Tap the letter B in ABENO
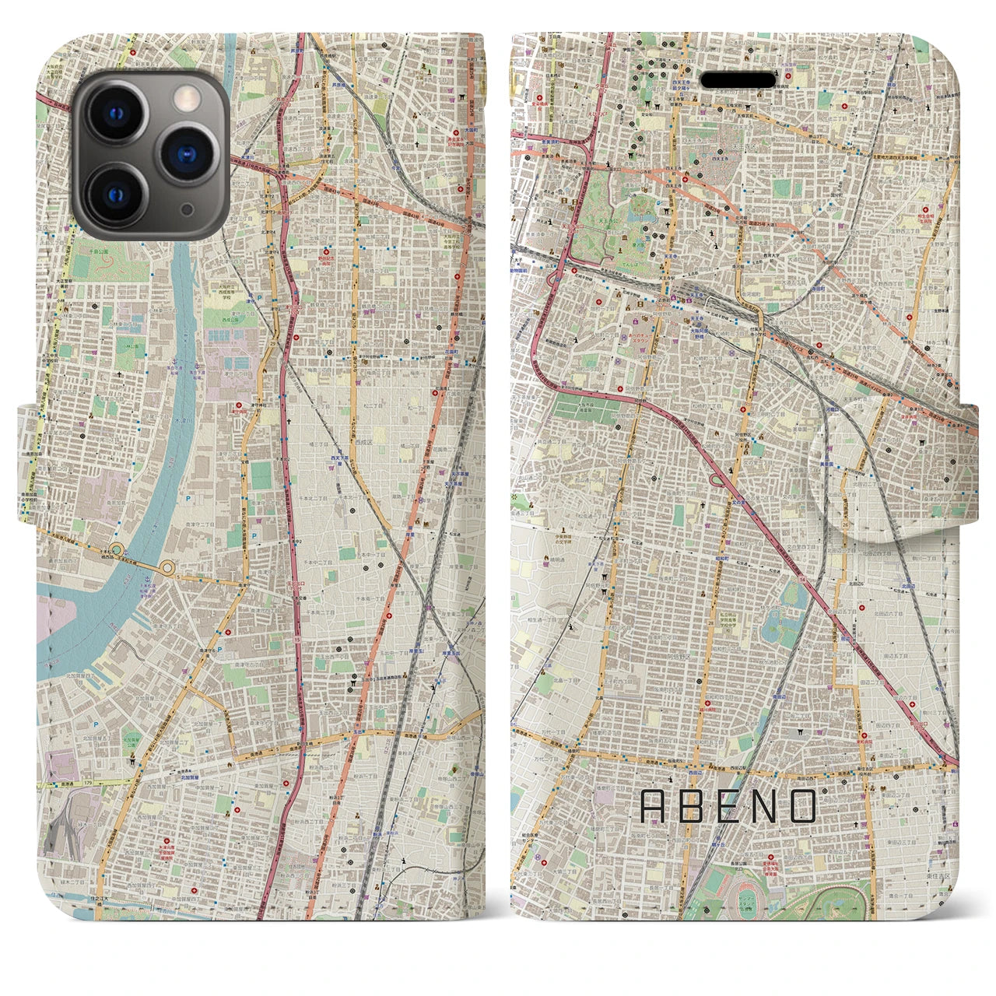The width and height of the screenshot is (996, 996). coord(690,806)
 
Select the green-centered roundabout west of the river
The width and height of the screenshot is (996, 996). coord(117,550)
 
